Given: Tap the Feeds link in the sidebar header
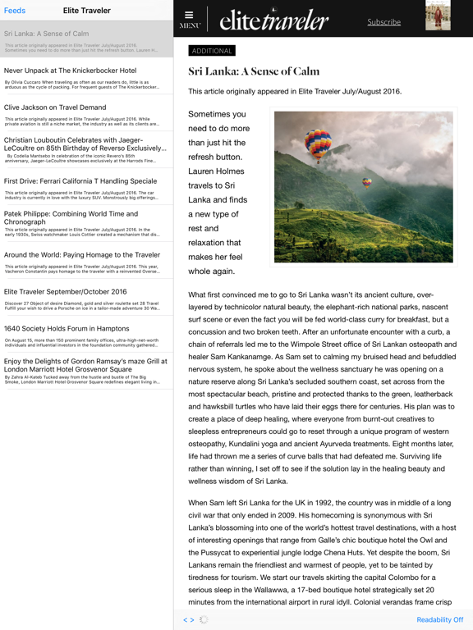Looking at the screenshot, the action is (15, 11).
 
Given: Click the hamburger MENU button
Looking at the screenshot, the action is (189, 19).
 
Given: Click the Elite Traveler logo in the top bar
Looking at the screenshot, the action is (274, 21).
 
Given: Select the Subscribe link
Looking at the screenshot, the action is (383, 22).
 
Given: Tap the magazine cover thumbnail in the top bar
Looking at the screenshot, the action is (438, 16).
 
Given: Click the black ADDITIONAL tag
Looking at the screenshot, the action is (212, 51).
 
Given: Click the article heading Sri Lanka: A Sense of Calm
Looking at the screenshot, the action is (254, 71).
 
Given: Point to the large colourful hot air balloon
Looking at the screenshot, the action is (318, 144).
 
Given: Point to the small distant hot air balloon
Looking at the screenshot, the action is (367, 182).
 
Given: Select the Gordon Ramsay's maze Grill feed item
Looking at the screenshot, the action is (86, 371).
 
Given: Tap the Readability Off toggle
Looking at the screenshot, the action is (439, 620).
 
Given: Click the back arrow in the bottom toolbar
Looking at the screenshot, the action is (185, 620).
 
